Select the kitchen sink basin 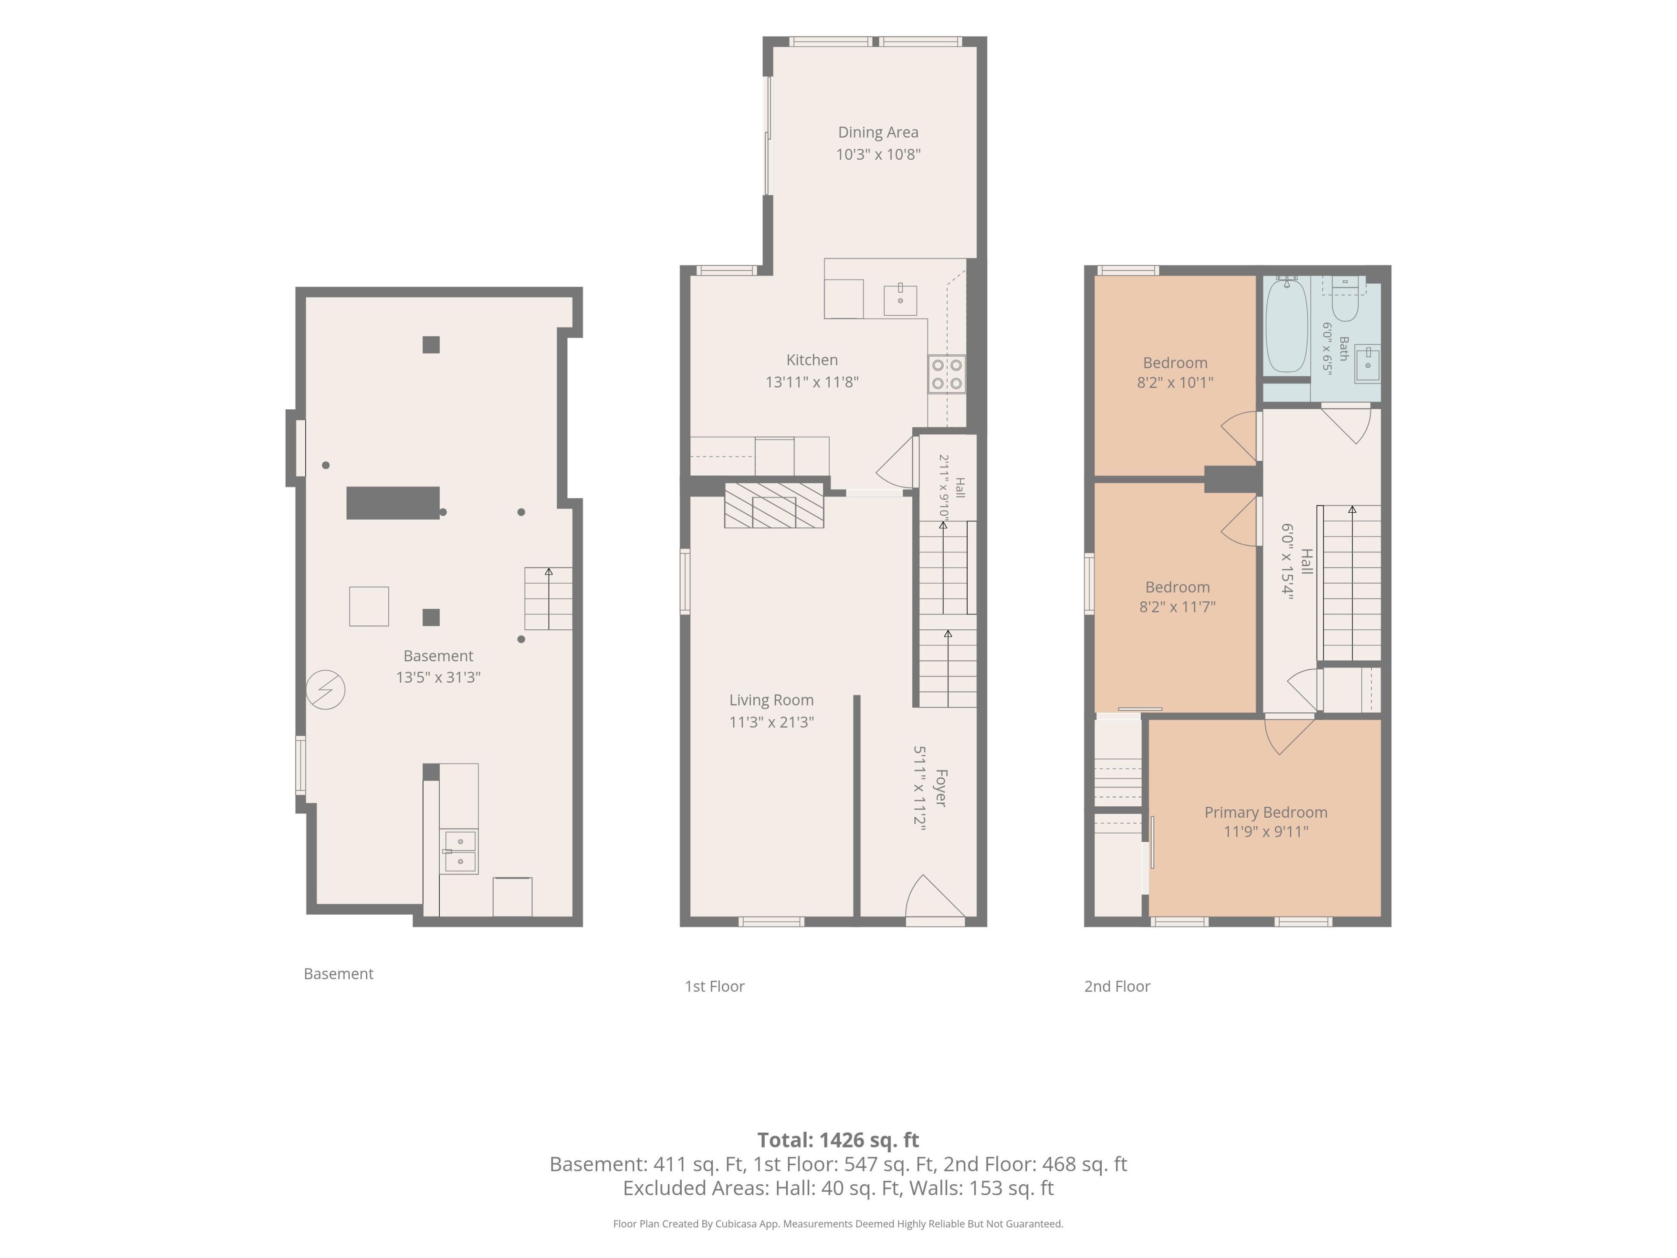[900, 300]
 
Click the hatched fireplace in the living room [774, 505]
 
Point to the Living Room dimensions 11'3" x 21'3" [772, 722]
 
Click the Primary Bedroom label [1266, 812]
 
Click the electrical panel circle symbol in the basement [325, 690]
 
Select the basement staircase [548, 598]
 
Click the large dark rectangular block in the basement [393, 503]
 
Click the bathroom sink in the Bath [1368, 364]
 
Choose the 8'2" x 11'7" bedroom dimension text [1177, 607]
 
